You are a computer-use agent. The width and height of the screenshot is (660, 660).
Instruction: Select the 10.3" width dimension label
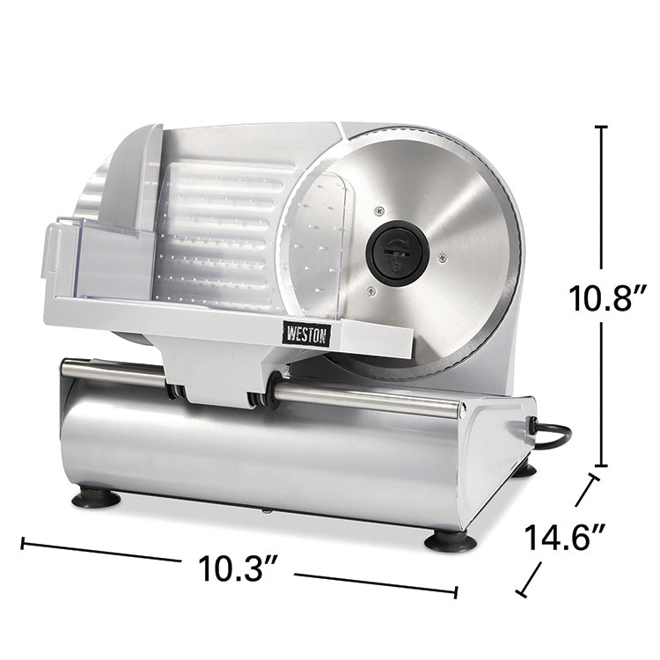(x=236, y=569)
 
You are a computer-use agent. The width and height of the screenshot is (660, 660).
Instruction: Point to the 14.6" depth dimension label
(x=563, y=538)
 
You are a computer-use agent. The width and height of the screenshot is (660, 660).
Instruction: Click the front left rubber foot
(x=96, y=499)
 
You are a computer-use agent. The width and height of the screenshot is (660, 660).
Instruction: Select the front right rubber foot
(x=451, y=540)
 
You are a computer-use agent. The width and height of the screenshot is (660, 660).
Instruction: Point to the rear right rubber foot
(x=525, y=470)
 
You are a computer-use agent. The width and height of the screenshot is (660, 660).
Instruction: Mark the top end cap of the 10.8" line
(x=602, y=128)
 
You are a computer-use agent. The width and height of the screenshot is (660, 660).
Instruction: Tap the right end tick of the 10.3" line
(x=456, y=592)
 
